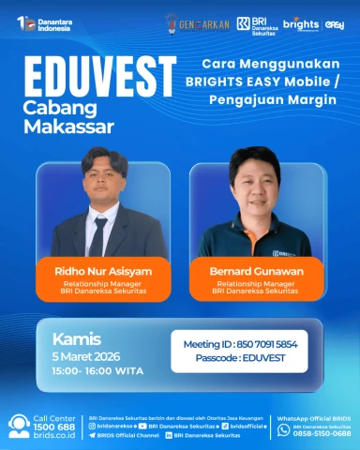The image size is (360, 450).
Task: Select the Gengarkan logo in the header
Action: click(196, 22)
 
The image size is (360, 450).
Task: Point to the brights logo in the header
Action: click(301, 22)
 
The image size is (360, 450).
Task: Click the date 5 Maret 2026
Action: click(87, 355)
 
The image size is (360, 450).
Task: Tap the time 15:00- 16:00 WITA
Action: click(96, 369)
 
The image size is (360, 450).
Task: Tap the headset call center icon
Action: click(19, 427)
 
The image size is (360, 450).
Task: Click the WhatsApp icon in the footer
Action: click(283, 430)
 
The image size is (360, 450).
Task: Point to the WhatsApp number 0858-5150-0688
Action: click(322, 434)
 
